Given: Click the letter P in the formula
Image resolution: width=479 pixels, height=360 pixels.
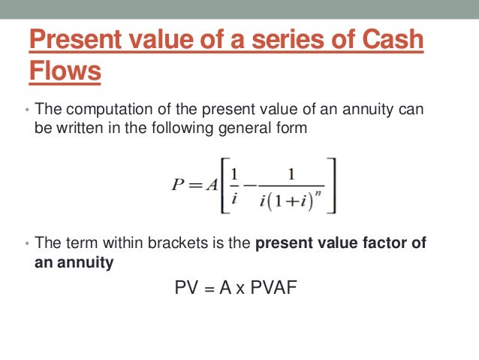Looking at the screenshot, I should point(178,186).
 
